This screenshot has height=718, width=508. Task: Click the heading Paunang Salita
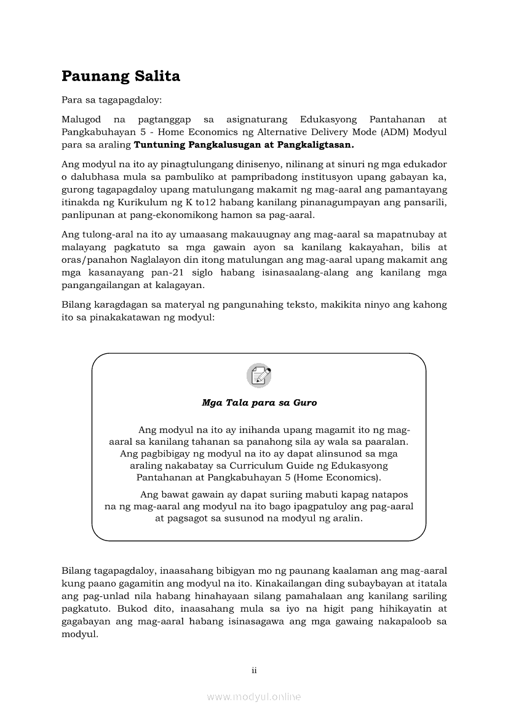(x=121, y=76)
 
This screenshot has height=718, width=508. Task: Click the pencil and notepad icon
(x=259, y=375)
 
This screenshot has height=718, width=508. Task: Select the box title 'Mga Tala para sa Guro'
(x=259, y=403)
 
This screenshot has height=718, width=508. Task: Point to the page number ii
(x=253, y=670)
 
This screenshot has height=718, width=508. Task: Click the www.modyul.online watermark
(x=253, y=697)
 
